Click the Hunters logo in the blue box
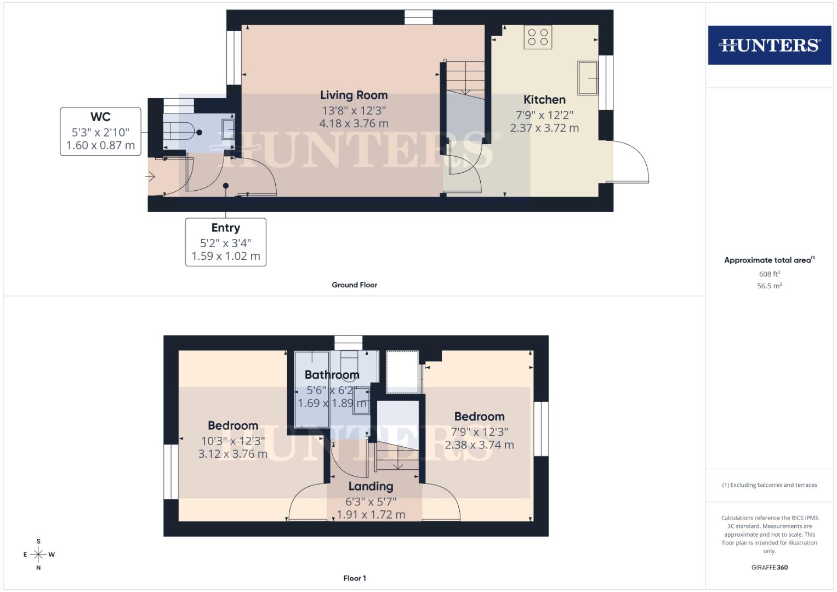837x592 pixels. point(769,45)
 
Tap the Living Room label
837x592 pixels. point(354,95)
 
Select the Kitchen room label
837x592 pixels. point(544,100)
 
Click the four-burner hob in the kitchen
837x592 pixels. point(537,37)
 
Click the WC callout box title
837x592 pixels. point(100,117)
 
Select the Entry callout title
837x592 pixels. point(225,227)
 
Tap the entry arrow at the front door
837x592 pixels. point(150,177)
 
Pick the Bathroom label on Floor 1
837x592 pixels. point(332,375)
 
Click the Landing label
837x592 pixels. point(371,486)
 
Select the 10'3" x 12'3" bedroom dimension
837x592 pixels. point(233,441)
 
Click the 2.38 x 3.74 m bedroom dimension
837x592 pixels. point(479,445)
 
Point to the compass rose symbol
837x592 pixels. point(38,554)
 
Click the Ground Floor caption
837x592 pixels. point(354,285)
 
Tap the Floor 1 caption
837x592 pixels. point(354,578)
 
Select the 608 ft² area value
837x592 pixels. point(769,274)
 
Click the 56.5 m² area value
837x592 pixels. point(769,286)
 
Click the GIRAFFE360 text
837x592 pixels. point(769,567)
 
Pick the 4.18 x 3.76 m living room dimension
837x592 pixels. point(354,124)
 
